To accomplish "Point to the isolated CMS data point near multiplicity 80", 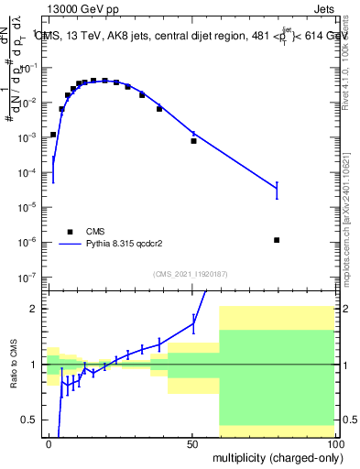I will [x=277, y=240].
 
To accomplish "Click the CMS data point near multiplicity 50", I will [x=193, y=141].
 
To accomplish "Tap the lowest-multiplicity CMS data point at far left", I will [x=53, y=135].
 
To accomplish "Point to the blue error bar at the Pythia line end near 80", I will [x=277, y=190].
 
